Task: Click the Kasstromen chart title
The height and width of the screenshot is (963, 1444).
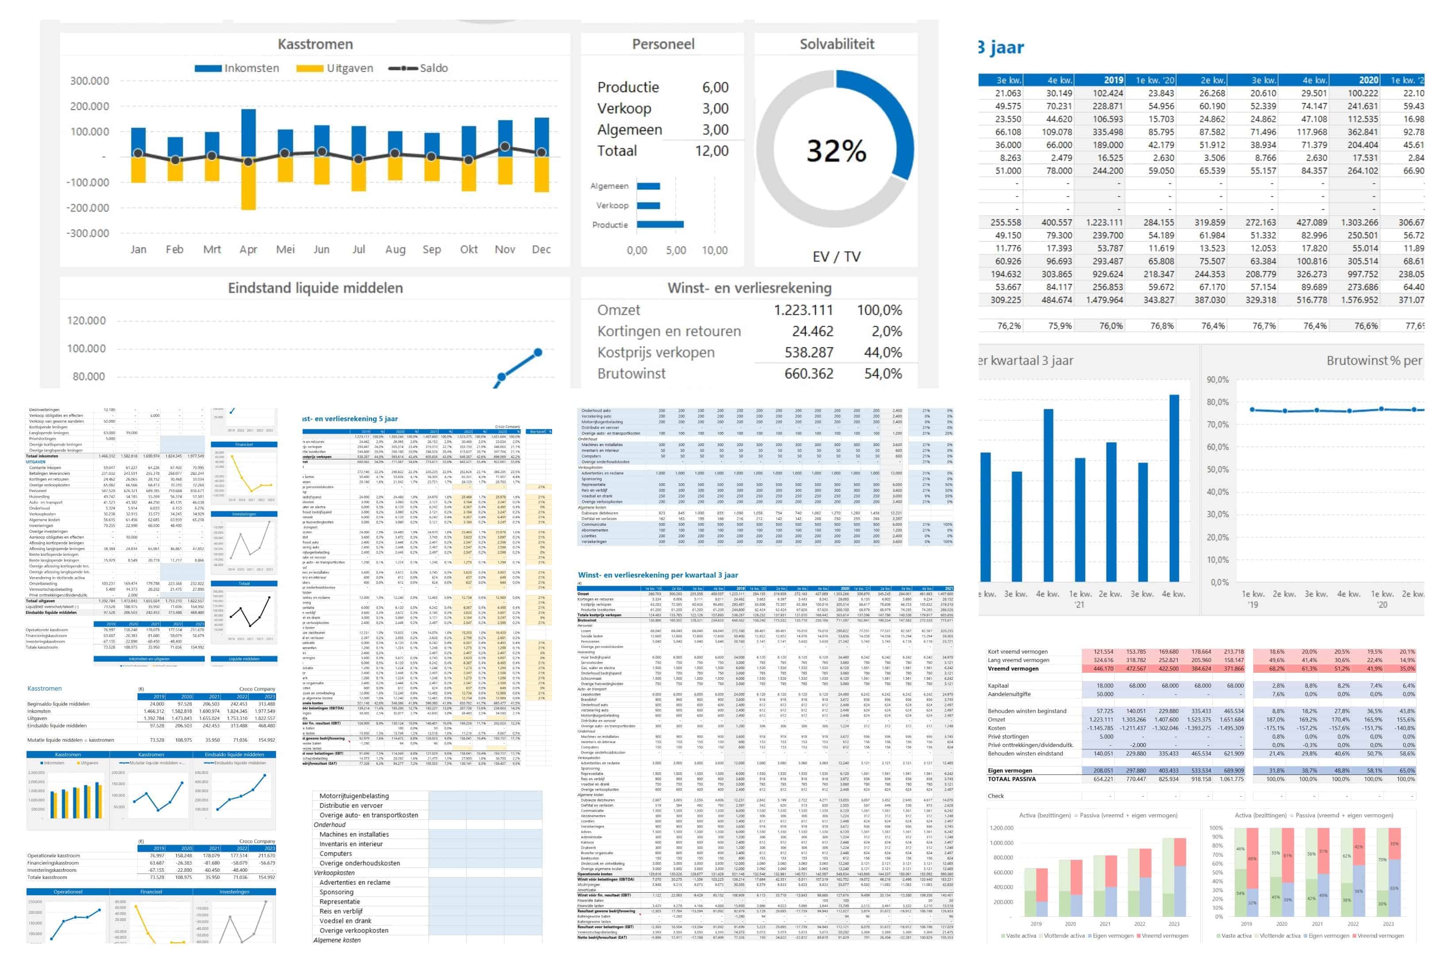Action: coord(315,44)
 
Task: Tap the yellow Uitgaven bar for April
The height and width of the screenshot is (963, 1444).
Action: coord(248,184)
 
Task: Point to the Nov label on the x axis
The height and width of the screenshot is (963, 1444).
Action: coord(505,249)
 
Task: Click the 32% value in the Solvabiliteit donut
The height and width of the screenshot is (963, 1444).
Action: coord(836,151)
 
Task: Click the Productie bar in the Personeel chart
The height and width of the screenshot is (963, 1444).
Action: coord(660,225)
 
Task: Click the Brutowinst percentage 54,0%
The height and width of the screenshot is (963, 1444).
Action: coord(883,374)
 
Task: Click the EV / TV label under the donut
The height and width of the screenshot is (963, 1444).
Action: coord(836,257)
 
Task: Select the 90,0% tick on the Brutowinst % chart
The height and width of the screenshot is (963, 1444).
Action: coord(1217,380)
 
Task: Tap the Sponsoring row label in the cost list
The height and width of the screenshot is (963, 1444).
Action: coord(336,892)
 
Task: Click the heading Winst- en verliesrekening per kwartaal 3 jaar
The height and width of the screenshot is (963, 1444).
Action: coord(657,575)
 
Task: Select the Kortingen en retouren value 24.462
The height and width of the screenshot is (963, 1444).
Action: coord(812,331)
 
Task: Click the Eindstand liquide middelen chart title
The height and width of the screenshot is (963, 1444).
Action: coord(315,288)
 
